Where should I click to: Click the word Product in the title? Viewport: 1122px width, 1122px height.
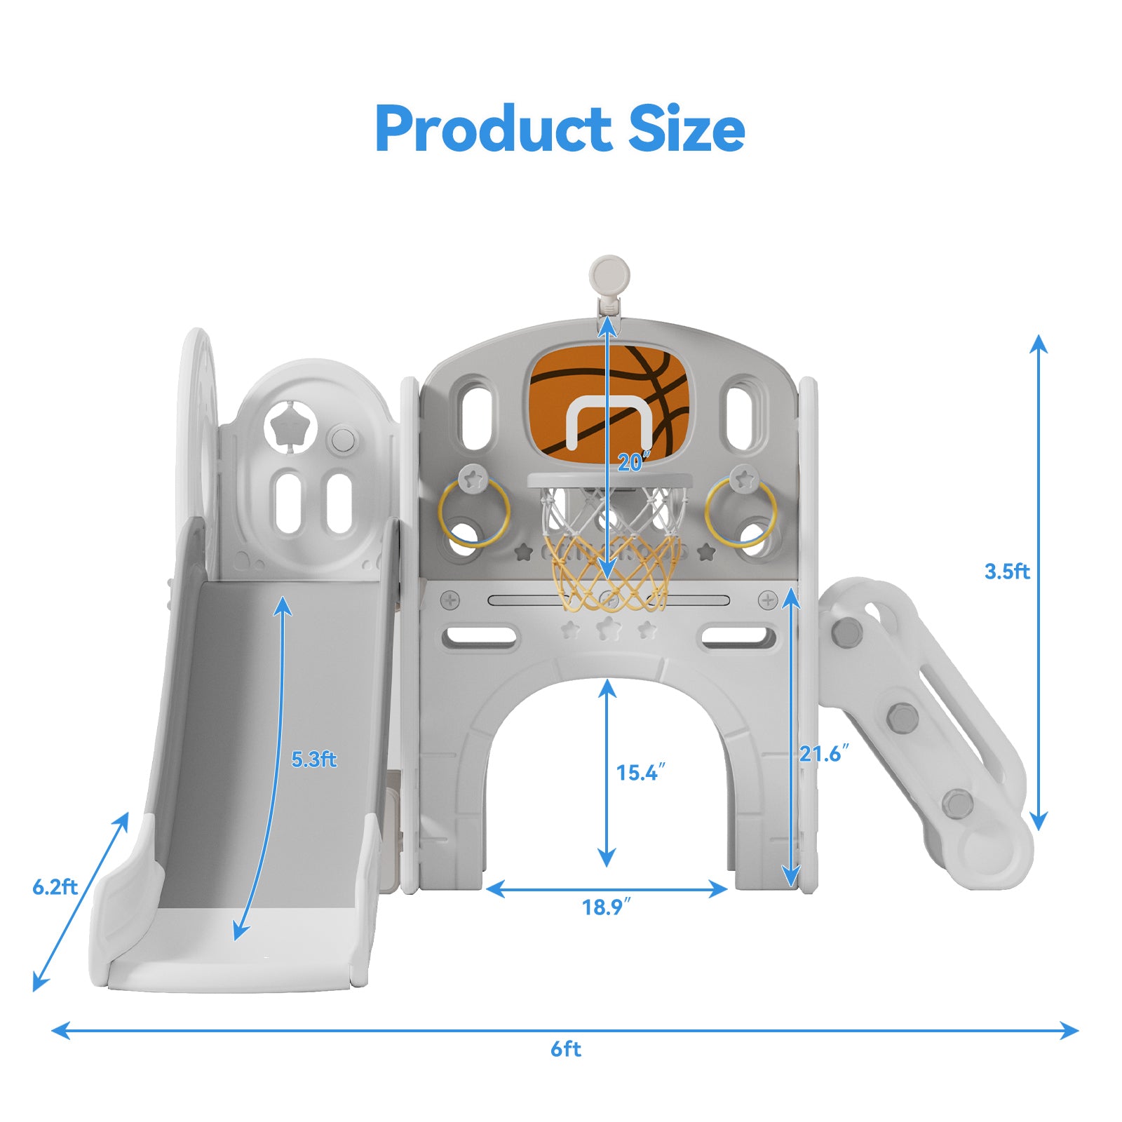[494, 129]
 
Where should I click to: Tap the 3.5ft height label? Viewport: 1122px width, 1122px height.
[1007, 572]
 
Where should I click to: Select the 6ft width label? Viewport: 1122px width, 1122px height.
[566, 1049]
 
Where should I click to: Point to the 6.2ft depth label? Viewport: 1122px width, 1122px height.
[55, 887]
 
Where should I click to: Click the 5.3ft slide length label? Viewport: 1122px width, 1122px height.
[314, 759]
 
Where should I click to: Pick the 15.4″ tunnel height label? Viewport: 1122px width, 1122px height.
[640, 773]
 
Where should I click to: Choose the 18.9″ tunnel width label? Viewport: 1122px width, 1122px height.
[607, 907]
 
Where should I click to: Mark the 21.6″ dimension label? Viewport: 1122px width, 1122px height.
[824, 754]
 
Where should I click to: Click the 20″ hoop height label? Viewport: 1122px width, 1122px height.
[634, 461]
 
